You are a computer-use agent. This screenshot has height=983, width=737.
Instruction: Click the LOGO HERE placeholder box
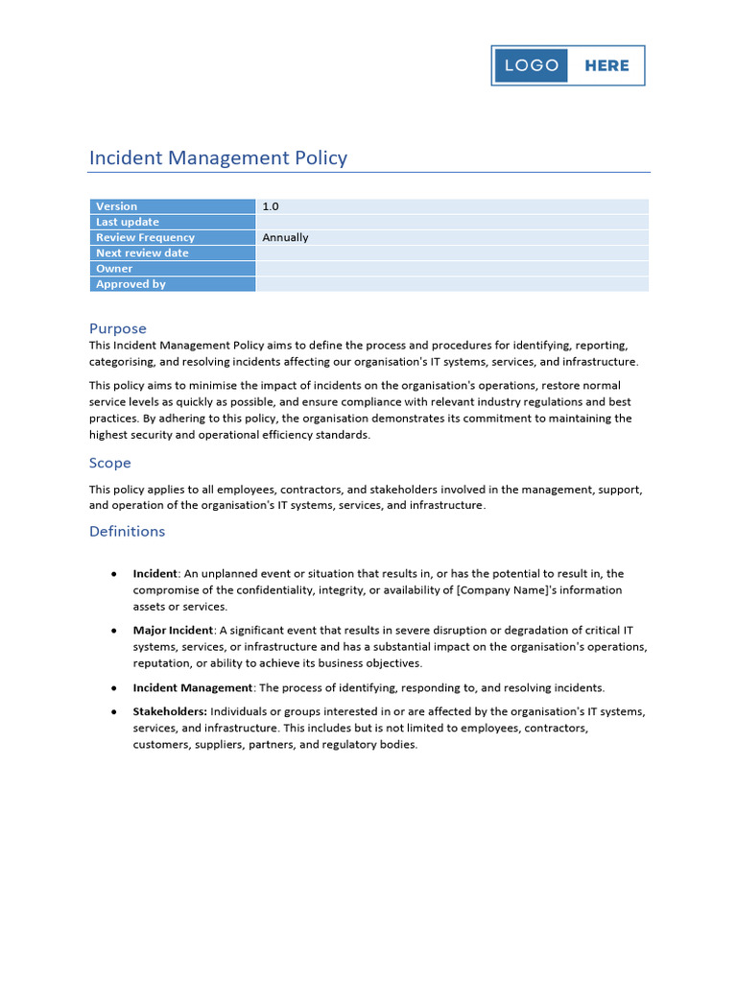pos(568,65)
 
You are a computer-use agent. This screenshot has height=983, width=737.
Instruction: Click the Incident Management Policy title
pos(218,157)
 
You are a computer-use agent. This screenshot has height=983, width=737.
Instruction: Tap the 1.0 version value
pos(271,206)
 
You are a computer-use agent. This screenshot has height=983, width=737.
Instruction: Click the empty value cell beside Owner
pos(452,269)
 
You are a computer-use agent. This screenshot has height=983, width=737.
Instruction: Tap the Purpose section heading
pos(118,328)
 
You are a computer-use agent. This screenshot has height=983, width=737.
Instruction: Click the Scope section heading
pos(110,463)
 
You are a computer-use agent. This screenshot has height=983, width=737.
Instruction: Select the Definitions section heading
pos(128,531)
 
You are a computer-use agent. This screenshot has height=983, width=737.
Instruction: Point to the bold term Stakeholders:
pos(170,711)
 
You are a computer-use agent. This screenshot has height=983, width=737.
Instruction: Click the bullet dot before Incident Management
pos(114,687)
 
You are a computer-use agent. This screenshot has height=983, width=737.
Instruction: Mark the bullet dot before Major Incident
pos(114,631)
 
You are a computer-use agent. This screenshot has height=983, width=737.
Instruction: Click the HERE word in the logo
pos(606,65)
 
